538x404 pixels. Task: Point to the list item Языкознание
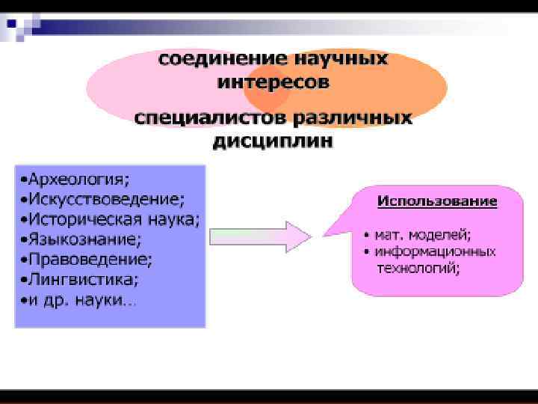click(84, 240)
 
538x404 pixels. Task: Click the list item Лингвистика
click(83, 281)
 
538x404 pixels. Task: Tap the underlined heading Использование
click(437, 201)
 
